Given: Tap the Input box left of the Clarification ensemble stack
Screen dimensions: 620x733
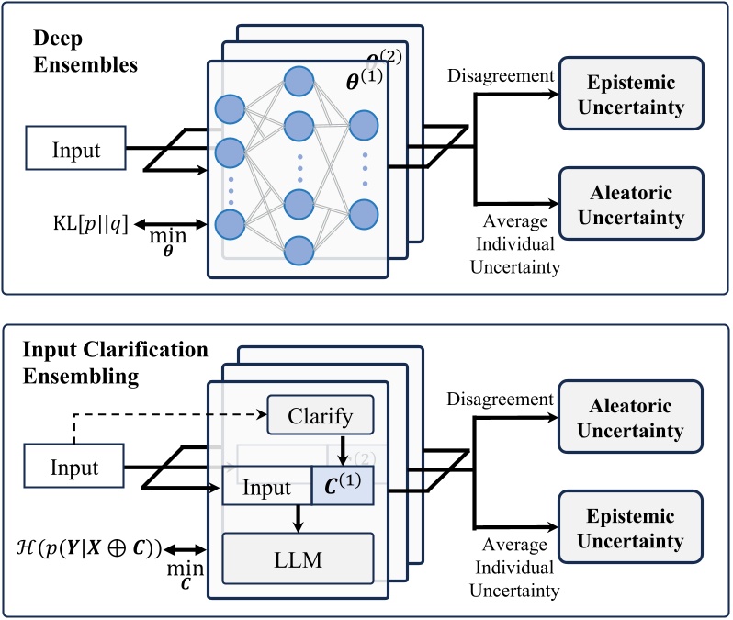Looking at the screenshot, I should (x=73, y=468).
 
